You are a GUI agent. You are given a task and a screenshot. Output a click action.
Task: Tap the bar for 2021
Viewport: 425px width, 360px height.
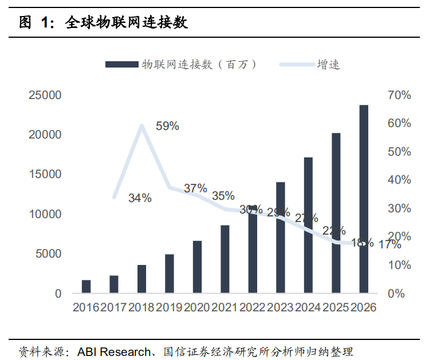(225, 259)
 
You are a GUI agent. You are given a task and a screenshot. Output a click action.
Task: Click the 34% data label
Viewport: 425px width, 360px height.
(140, 199)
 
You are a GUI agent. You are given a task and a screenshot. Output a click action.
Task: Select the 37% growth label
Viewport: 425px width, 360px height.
(195, 188)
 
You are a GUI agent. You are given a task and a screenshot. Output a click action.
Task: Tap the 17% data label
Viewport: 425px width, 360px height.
(390, 245)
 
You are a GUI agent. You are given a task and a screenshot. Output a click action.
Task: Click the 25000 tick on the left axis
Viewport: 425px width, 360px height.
(45, 95)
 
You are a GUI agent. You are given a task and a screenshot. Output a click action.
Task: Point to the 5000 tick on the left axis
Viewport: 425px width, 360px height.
(49, 254)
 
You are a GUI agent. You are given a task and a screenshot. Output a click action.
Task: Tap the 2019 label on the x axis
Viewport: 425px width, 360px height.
(170, 308)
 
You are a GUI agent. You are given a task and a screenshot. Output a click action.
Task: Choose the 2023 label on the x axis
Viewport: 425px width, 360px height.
(281, 308)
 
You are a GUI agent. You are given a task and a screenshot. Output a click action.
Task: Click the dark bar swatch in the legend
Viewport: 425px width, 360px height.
(122, 65)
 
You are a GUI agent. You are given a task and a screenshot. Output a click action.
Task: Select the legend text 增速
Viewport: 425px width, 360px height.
(328, 65)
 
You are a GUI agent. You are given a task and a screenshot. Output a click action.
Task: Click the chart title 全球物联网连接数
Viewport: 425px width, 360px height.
(127, 23)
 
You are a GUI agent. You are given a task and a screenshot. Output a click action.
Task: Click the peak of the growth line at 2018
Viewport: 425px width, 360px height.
(141, 125)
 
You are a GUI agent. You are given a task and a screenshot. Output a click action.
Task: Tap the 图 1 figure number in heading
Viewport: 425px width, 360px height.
(36, 23)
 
